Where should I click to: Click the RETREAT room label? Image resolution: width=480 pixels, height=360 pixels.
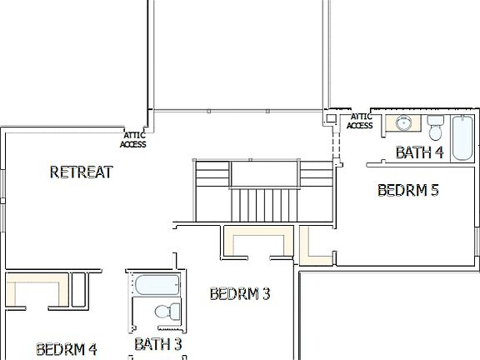81,172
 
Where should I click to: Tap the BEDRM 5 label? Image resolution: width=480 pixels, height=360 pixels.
407,190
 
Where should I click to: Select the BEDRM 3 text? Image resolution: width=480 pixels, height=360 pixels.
240,293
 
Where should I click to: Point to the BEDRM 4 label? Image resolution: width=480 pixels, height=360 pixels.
67,348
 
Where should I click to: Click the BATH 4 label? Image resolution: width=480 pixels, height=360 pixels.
419,152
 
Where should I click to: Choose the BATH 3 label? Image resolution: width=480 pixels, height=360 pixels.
157,343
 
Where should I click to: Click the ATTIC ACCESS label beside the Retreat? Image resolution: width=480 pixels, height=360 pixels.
133,140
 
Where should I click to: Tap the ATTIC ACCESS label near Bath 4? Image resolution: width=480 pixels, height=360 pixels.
360,122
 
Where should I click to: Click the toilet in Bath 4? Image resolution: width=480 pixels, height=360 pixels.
436,128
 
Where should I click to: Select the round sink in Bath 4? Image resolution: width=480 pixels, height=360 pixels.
404,124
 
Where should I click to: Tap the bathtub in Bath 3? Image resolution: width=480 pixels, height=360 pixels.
156,285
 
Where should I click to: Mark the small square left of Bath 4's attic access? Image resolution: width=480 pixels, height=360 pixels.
330,119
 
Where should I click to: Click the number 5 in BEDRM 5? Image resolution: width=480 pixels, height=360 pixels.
433,190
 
